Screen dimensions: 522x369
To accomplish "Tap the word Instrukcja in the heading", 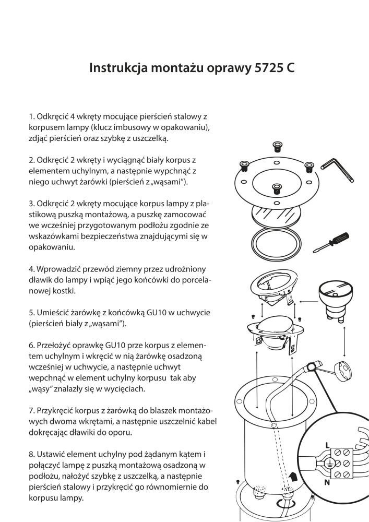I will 114,69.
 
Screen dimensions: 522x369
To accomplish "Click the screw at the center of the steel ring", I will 277,188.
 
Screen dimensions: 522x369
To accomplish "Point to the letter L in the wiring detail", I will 327,445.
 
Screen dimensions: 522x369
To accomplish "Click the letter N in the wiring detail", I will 327,483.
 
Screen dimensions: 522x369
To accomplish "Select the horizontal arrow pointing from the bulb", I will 307,300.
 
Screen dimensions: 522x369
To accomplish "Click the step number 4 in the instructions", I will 31,269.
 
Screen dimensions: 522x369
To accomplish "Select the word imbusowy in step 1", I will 139,127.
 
